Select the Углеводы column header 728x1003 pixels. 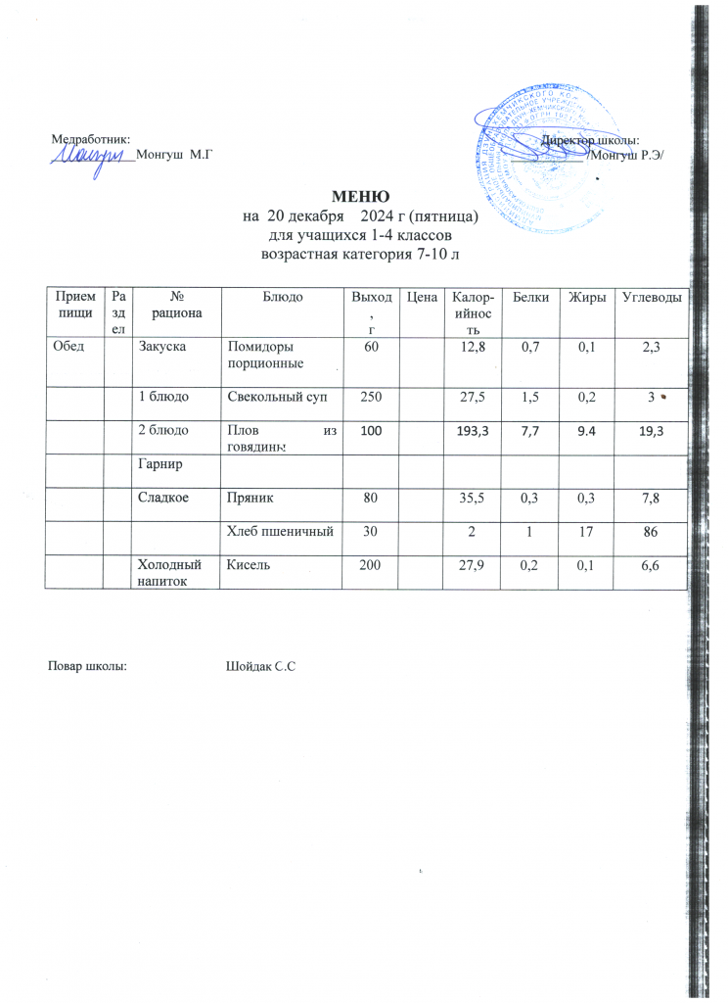pyautogui.click(x=649, y=296)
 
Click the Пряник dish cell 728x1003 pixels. pyautogui.click(x=250, y=499)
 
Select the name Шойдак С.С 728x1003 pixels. pyautogui.click(x=260, y=667)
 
